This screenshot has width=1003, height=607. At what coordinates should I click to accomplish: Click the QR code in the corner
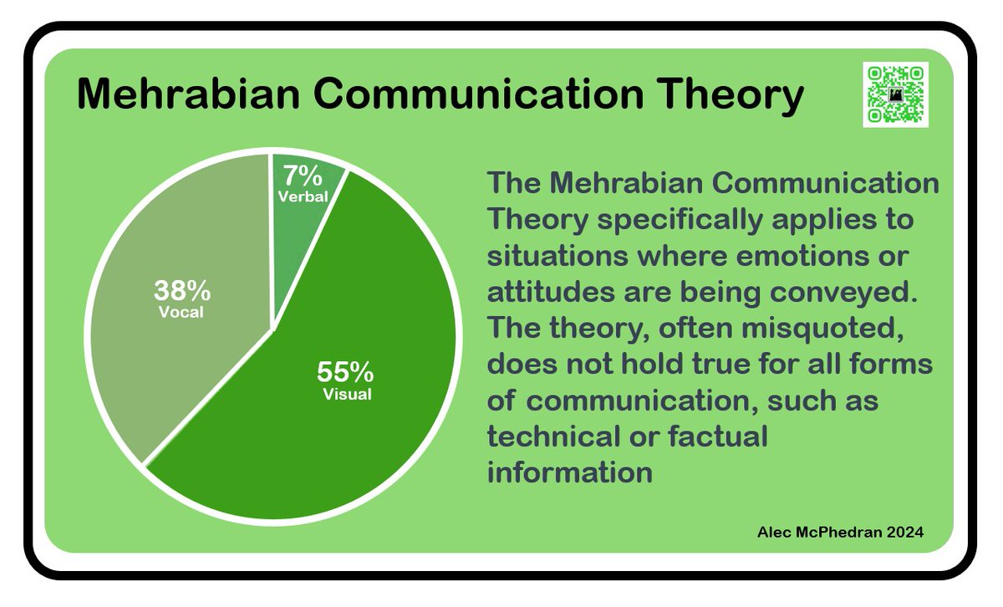pos(896,94)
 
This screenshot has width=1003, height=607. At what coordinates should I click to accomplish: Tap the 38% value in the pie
pos(181,291)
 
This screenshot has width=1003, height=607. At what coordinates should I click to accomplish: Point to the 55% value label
pos(345,370)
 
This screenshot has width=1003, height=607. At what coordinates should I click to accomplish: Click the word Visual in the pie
pos(347,394)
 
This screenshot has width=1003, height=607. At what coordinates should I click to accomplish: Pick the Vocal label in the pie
pos(181,313)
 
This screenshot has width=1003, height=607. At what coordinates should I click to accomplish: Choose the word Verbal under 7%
pos(303,196)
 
